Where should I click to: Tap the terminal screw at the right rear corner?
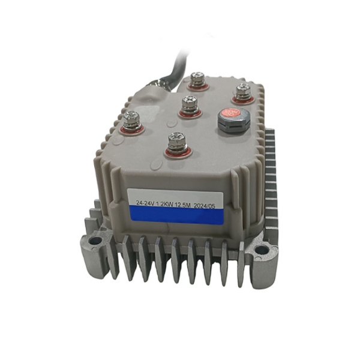[x=242, y=91]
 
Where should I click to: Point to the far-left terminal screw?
[x=133, y=119]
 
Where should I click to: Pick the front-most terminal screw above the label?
[x=175, y=143]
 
